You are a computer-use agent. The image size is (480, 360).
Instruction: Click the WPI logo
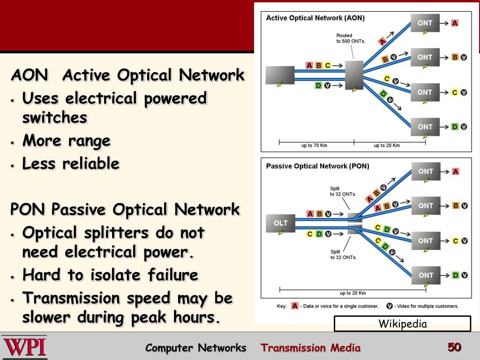pyautogui.click(x=24, y=347)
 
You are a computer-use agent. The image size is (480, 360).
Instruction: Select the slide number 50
pyautogui.click(x=454, y=347)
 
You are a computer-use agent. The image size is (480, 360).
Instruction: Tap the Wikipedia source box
pyautogui.click(x=402, y=323)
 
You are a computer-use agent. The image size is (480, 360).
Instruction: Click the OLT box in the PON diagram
pyautogui.click(x=280, y=223)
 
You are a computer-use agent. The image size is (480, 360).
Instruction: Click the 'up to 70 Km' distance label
pyautogui.click(x=314, y=145)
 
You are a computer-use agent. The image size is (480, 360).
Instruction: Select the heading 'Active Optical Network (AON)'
pyautogui.click(x=315, y=18)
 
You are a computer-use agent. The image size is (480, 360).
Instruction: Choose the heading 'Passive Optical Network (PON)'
pyautogui.click(x=317, y=166)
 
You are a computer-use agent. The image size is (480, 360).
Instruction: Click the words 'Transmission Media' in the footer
pyautogui.click(x=311, y=348)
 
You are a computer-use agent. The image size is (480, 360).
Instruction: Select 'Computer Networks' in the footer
pyautogui.click(x=195, y=348)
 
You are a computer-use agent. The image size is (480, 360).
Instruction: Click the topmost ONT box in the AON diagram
pyautogui.click(x=425, y=23)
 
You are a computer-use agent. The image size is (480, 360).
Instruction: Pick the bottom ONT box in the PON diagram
pyautogui.click(x=426, y=275)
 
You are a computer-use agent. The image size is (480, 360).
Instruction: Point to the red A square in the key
pyautogui.click(x=295, y=306)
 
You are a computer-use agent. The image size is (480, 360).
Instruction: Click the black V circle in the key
pyautogui.click(x=389, y=306)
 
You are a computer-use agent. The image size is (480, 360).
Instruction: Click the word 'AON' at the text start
pyautogui.click(x=29, y=75)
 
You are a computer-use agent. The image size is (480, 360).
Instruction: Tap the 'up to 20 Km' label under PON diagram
pyautogui.click(x=352, y=293)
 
